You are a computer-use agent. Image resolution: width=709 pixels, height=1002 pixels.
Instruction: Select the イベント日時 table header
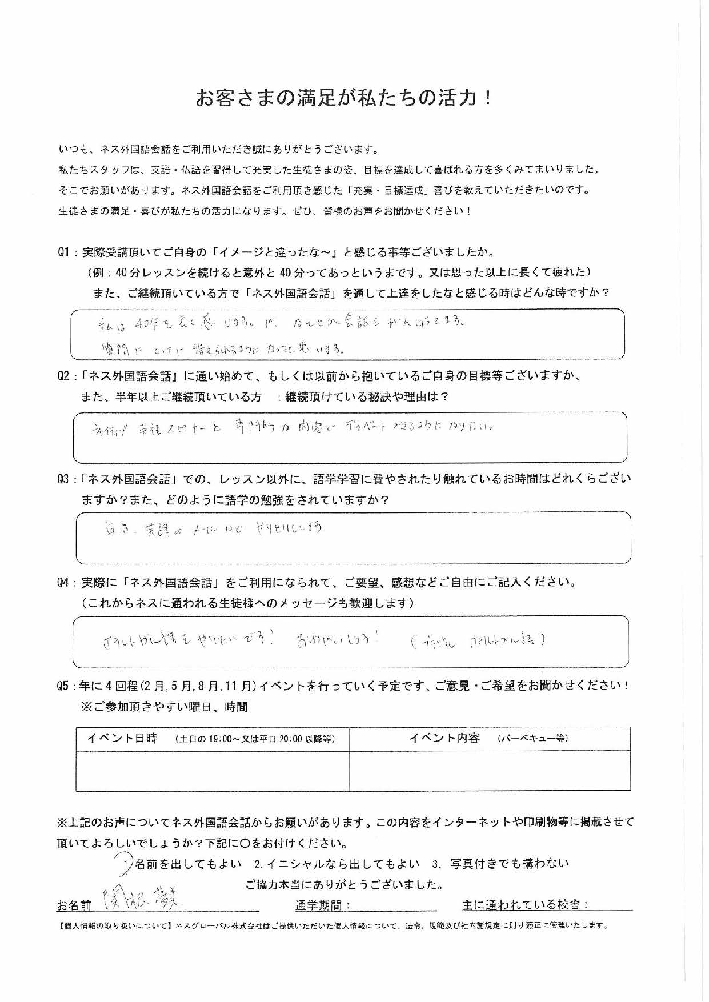coord(122,738)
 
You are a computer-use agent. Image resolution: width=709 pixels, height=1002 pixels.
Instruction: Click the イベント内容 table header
coord(444,738)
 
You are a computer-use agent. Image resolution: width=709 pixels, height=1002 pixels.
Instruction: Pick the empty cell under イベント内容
coord(490,770)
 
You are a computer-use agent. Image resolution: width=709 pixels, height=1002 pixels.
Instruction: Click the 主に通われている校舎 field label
coord(524,905)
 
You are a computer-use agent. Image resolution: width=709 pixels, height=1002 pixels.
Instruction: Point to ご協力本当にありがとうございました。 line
coord(345,885)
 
